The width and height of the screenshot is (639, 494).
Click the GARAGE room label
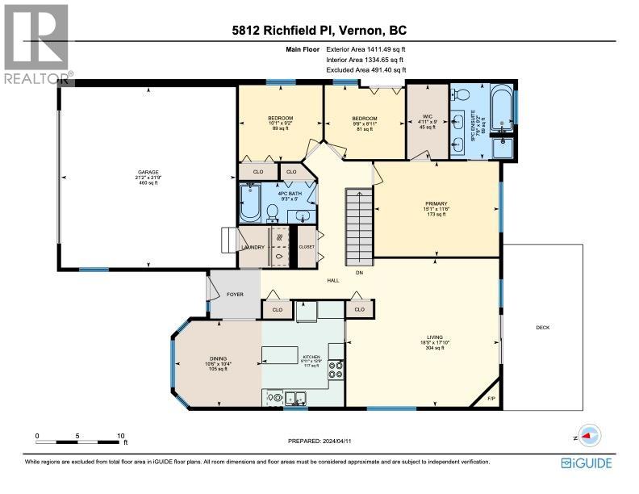(148, 171)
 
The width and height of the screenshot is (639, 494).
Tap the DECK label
(544, 327)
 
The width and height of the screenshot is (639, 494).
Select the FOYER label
(235, 294)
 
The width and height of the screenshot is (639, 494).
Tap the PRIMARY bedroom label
(436, 203)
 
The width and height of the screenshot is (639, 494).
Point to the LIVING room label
(436, 337)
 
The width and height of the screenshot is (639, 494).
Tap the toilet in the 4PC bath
(273, 212)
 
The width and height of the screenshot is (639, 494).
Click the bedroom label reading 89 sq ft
(280, 118)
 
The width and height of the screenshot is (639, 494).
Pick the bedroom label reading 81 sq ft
(364, 118)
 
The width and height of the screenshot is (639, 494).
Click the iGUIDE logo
(587, 463)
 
